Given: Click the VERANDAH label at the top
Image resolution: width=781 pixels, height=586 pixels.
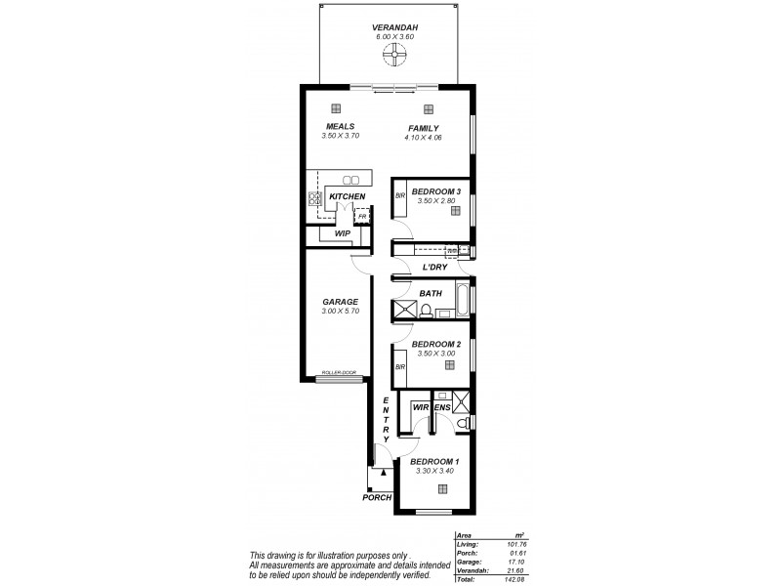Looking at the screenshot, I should (396, 27).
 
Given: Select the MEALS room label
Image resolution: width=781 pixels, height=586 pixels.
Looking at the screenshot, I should (340, 127).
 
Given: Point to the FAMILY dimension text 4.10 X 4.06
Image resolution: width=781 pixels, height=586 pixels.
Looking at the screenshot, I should (423, 138).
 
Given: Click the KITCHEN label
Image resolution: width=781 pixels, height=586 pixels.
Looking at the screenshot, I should (347, 197).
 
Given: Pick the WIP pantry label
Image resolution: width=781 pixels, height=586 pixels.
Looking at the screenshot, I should (342, 234).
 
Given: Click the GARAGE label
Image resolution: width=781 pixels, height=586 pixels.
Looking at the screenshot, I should (340, 302).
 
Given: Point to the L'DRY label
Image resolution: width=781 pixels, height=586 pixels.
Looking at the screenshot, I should (434, 268).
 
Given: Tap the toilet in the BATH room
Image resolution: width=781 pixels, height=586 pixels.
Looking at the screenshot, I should (427, 312).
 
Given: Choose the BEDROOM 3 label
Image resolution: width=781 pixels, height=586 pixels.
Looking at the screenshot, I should (435, 190).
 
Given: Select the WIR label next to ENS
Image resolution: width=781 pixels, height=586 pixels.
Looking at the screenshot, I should (420, 406).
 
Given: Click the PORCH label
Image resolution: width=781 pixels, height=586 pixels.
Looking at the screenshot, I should (376, 497).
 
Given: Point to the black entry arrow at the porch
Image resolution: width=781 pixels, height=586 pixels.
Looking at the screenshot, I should (383, 473).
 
